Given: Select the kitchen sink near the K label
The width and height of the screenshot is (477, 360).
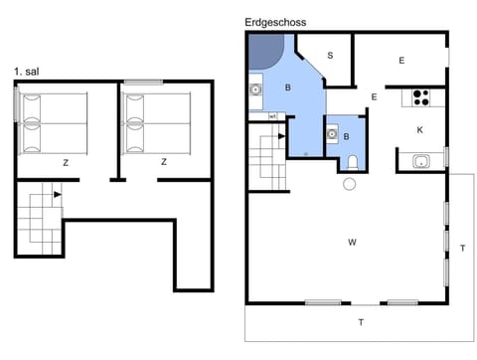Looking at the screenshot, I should pyautogui.click(x=419, y=161).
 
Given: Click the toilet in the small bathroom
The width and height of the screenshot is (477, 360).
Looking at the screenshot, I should pyautogui.click(x=353, y=162).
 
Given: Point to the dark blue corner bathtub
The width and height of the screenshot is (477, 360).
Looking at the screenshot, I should pyautogui.click(x=265, y=51).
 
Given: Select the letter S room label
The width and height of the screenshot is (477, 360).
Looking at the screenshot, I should pyautogui.click(x=330, y=55).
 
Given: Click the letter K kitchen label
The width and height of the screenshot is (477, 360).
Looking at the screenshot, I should pyautogui.click(x=420, y=130).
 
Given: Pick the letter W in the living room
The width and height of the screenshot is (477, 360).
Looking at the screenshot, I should pyautogui.click(x=352, y=242).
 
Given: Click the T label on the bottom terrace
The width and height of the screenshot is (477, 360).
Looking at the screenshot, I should pyautogui.click(x=360, y=321).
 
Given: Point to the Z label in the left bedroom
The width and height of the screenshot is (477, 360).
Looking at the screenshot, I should pyautogui.click(x=66, y=162).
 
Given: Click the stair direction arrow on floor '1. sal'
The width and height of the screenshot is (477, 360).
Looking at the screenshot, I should pyautogui.click(x=59, y=195).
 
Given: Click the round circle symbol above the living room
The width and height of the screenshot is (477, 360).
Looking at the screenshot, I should pyautogui.click(x=349, y=184).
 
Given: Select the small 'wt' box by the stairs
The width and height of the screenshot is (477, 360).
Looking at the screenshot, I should pyautogui.click(x=272, y=116).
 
